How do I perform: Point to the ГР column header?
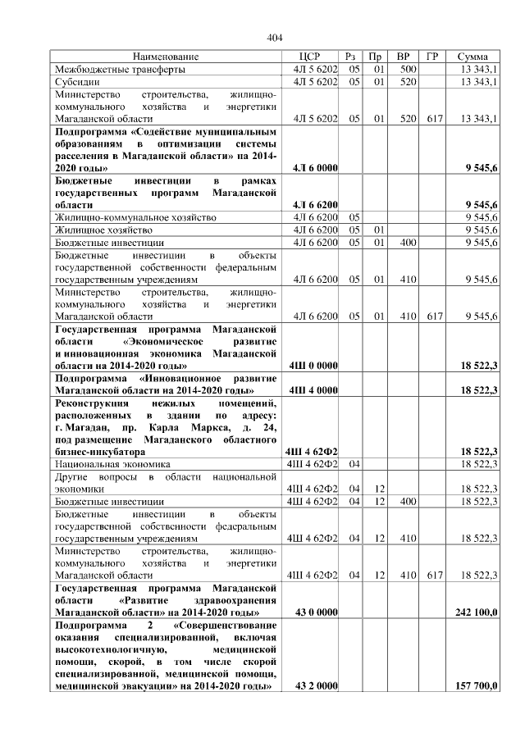tap(431, 57)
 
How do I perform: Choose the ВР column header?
tap(403, 57)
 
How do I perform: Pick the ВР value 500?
tap(403, 70)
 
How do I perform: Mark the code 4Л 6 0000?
tap(315, 167)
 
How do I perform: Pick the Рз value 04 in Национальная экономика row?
tap(354, 463)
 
